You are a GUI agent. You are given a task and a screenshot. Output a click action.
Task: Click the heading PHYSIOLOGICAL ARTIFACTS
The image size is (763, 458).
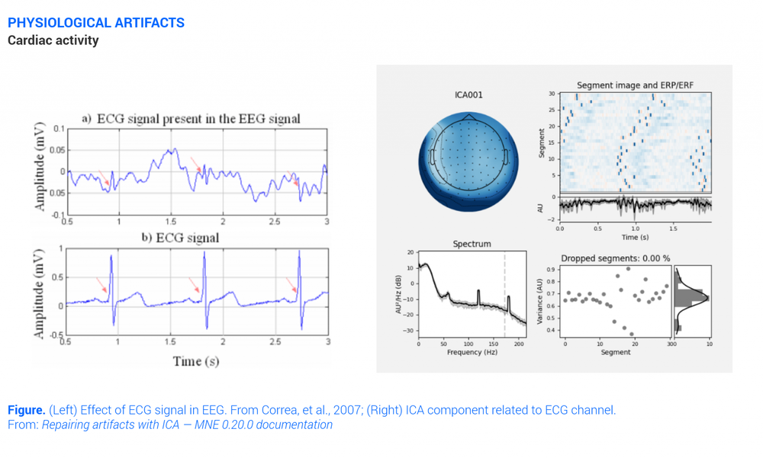point(96,22)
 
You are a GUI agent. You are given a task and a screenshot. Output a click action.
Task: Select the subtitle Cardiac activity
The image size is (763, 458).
point(53,40)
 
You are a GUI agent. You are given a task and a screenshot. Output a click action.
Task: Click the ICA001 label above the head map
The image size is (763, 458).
point(468,95)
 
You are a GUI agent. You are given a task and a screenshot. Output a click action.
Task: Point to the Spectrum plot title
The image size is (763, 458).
point(472,244)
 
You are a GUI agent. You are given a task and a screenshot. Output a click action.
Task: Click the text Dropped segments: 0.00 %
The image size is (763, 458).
point(616,258)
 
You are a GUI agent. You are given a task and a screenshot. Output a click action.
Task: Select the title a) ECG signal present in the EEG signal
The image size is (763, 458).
point(191,118)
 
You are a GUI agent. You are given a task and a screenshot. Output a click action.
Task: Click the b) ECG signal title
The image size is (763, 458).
point(180,238)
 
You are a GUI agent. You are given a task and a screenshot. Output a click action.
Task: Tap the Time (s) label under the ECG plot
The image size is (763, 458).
point(196,360)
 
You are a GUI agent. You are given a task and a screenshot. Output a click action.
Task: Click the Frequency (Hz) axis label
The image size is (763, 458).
point(472,352)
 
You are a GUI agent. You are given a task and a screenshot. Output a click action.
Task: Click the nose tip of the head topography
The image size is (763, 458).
point(469,115)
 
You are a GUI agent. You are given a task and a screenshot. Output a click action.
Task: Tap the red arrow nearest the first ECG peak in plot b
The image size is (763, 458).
point(101,286)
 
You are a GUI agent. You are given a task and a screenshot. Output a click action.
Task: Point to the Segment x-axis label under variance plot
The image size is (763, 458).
point(615,352)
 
